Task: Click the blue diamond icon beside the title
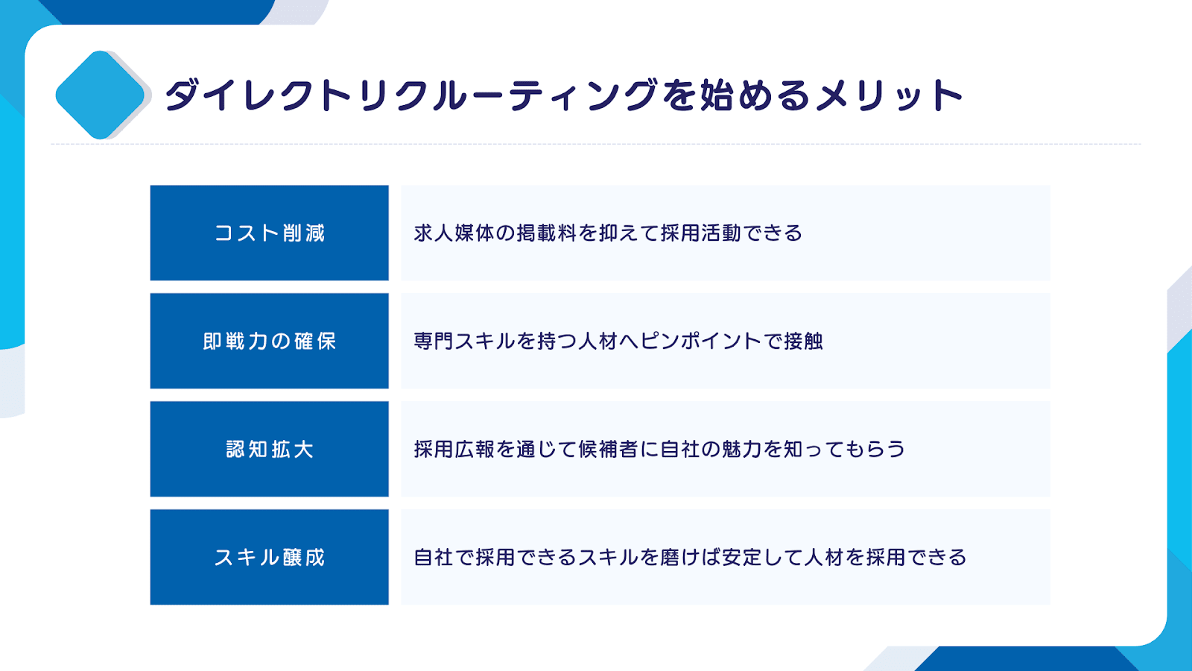click(100, 95)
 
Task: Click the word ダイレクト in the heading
click(259, 95)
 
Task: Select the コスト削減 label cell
click(269, 233)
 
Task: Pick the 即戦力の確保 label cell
click(269, 341)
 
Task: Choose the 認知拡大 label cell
click(269, 449)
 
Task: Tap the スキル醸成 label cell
click(269, 557)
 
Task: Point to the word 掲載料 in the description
click(547, 233)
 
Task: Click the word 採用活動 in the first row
click(701, 233)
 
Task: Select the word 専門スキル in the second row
click(464, 341)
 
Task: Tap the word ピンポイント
click(701, 341)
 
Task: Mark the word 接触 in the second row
click(803, 341)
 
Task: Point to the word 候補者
click(608, 449)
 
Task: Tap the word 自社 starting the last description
click(434, 557)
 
